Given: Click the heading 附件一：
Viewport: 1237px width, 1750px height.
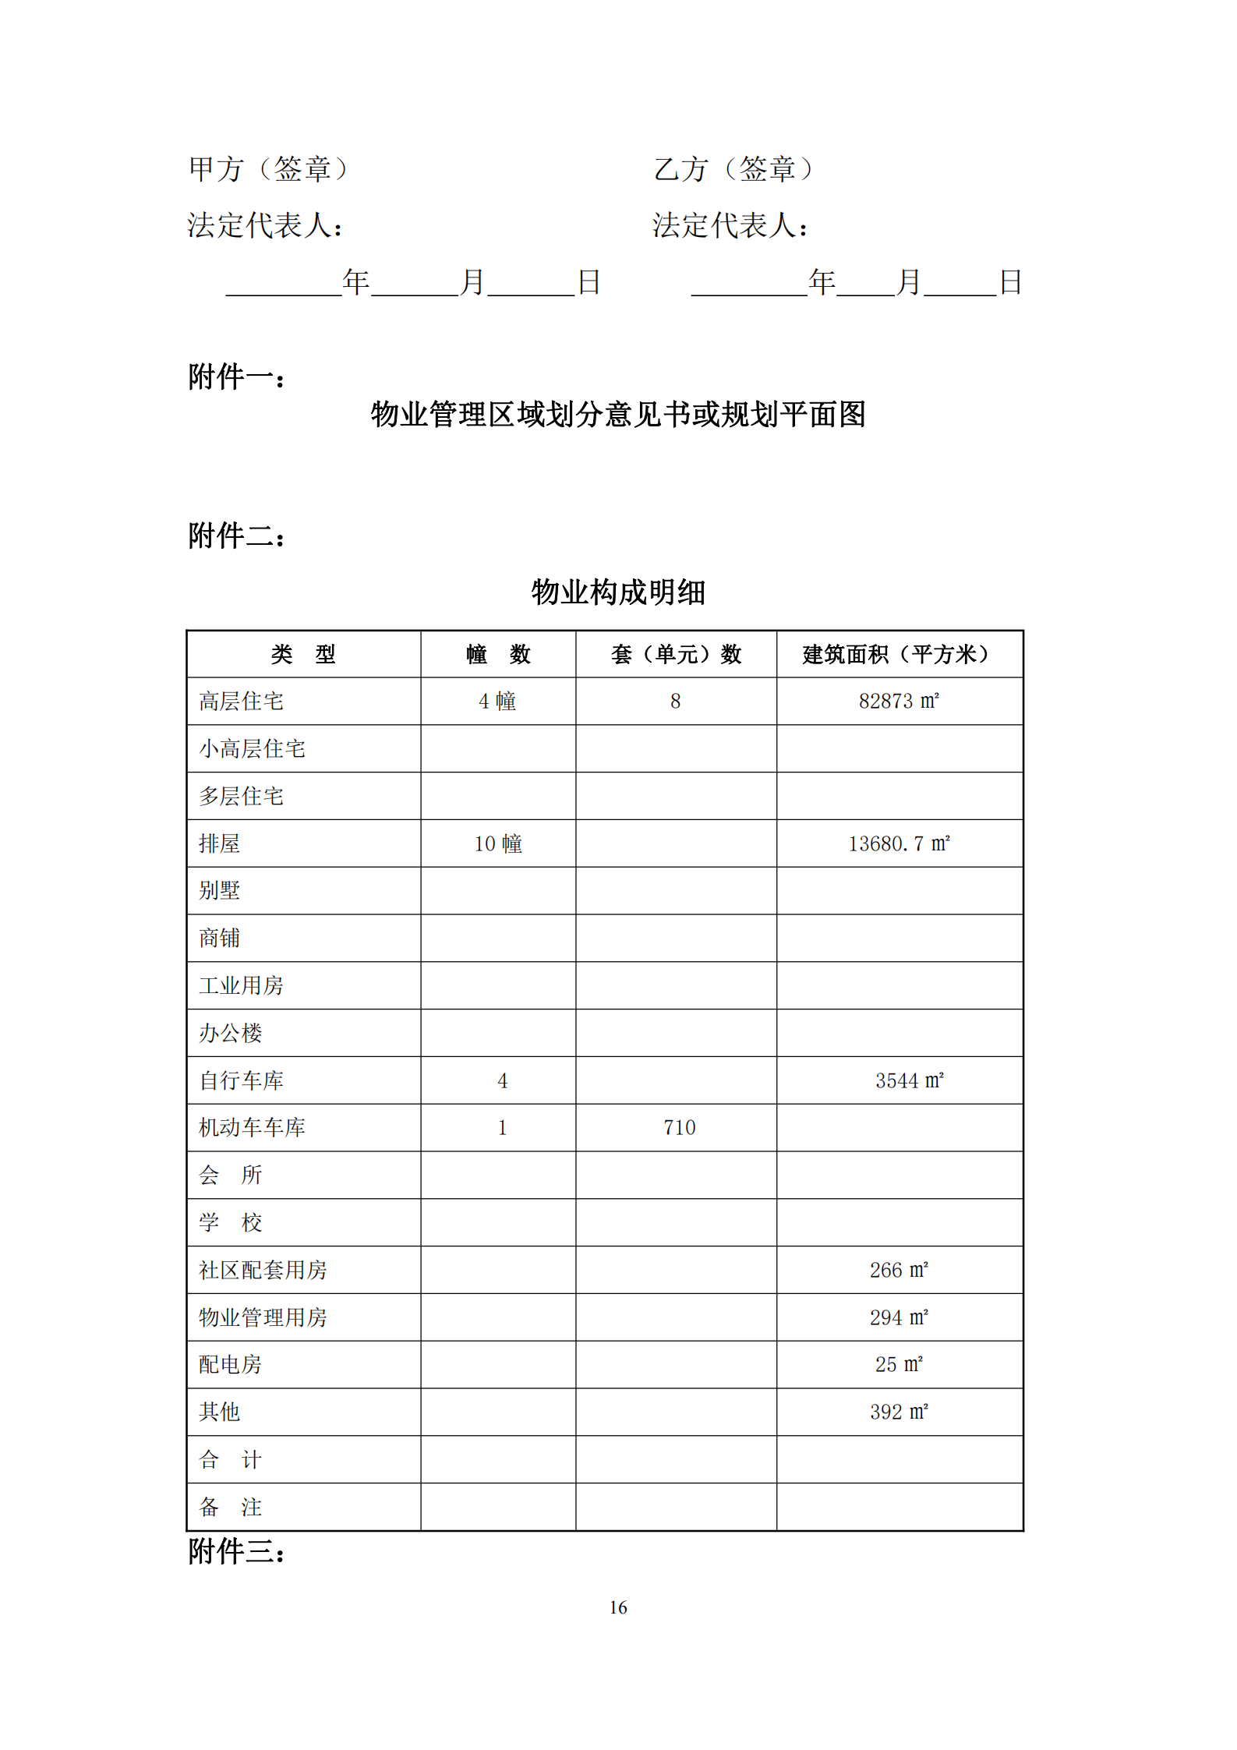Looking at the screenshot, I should [237, 377].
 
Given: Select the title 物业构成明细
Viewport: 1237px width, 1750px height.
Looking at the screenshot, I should [618, 592].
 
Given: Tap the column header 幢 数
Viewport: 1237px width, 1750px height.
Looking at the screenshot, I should [498, 654].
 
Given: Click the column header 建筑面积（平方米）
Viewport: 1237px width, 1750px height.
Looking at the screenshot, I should [898, 654].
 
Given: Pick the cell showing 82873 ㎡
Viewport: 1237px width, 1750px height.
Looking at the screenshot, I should [899, 701].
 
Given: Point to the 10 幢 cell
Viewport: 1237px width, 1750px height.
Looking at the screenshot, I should [498, 843].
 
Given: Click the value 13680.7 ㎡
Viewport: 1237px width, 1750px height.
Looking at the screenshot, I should [899, 843].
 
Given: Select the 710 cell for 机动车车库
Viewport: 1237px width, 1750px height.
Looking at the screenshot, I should [679, 1127].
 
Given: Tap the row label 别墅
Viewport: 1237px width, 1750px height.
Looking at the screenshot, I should [219, 890].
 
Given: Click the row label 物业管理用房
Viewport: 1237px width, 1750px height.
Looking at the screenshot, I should [263, 1317].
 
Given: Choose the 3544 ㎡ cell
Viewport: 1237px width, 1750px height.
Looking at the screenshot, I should [909, 1080].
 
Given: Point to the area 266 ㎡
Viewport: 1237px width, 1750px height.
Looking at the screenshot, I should [899, 1270].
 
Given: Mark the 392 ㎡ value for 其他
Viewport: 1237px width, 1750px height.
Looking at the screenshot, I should [899, 1412].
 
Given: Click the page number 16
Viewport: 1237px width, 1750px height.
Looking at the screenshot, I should [618, 1607].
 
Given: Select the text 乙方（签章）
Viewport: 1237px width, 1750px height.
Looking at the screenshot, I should [733, 169].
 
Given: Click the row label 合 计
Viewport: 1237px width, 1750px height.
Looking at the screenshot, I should [230, 1459].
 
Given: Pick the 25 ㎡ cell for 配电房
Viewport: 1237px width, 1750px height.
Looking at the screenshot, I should [899, 1364].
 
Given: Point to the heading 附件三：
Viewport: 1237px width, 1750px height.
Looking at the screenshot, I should [237, 1551].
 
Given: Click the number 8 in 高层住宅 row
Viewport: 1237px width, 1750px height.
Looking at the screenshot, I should [676, 701].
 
